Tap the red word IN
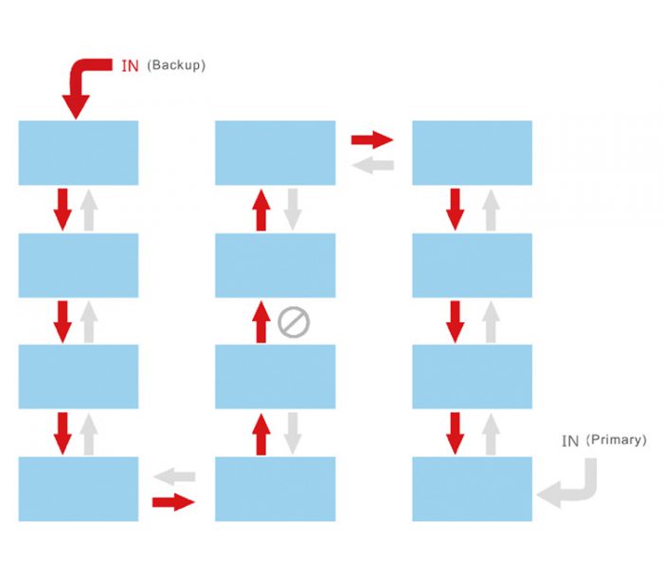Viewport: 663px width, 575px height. pyautogui.click(x=131, y=66)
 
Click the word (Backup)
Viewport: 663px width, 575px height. pyautogui.click(x=176, y=65)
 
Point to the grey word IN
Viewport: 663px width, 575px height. pyautogui.click(x=570, y=441)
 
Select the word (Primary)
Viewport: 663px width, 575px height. pyautogui.click(x=617, y=440)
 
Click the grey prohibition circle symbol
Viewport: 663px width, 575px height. pyautogui.click(x=294, y=322)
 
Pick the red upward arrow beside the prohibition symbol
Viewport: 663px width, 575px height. pyautogui.click(x=261, y=322)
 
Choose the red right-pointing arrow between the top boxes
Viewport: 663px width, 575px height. pyautogui.click(x=372, y=139)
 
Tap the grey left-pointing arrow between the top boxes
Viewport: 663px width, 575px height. pyautogui.click(x=372, y=165)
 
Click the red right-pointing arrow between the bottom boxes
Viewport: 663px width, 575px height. pyautogui.click(x=173, y=502)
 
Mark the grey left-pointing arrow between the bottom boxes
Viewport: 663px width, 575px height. pyautogui.click(x=174, y=476)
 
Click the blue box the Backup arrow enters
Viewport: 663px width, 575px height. pyautogui.click(x=79, y=153)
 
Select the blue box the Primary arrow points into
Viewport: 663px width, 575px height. pyautogui.click(x=473, y=489)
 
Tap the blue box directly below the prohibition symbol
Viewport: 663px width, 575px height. pyautogui.click(x=276, y=377)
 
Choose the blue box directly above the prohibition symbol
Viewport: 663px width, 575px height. pyautogui.click(x=276, y=265)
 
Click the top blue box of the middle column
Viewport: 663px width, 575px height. pyautogui.click(x=276, y=153)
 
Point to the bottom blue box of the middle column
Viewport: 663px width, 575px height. pyautogui.click(x=276, y=489)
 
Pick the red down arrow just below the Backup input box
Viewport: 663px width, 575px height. pyautogui.click(x=63, y=209)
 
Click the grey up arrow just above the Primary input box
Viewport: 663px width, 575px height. pyautogui.click(x=491, y=434)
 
